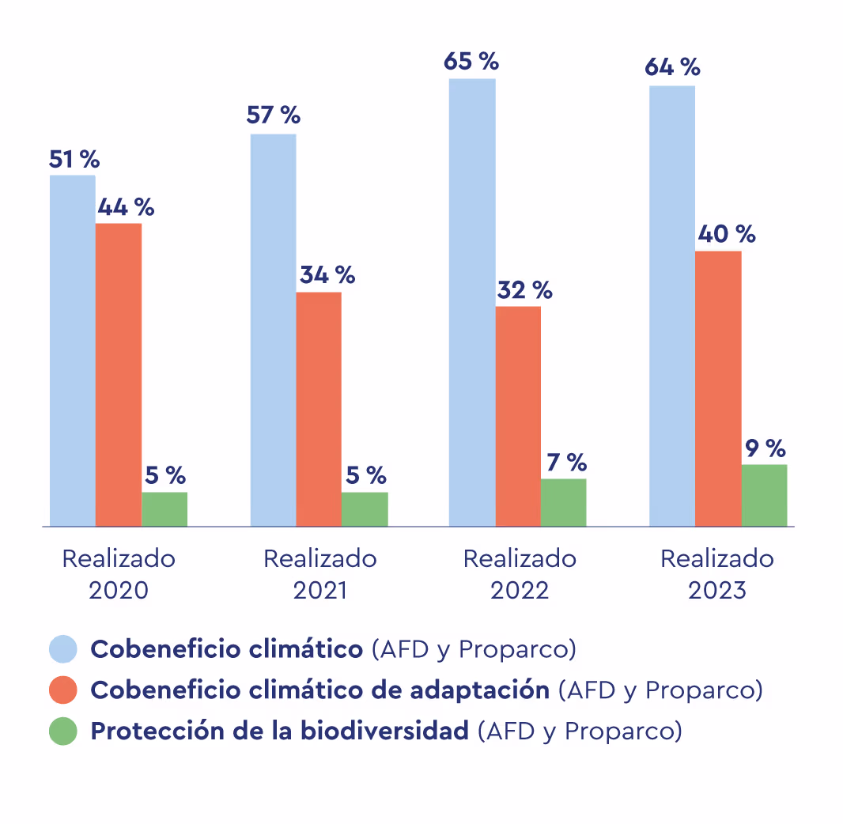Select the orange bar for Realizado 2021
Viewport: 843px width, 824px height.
(319, 409)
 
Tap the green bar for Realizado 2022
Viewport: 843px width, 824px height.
(564, 502)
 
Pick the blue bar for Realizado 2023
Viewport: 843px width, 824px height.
(672, 305)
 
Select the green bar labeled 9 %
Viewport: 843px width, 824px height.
(764, 495)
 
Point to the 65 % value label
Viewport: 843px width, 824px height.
(471, 62)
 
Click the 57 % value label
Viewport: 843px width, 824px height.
(274, 115)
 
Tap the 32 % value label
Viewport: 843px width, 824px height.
(524, 290)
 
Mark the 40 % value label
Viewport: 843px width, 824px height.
(726, 234)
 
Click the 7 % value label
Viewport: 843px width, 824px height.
(567, 462)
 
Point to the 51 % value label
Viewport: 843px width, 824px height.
(74, 159)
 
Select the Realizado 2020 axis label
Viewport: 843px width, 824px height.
(119, 574)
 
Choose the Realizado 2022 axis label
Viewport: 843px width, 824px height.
(520, 574)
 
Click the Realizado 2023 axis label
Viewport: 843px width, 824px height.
(717, 574)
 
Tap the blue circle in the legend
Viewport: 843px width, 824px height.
(63, 649)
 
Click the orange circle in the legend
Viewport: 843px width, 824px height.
(63, 690)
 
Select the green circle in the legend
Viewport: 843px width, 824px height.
(63, 731)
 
